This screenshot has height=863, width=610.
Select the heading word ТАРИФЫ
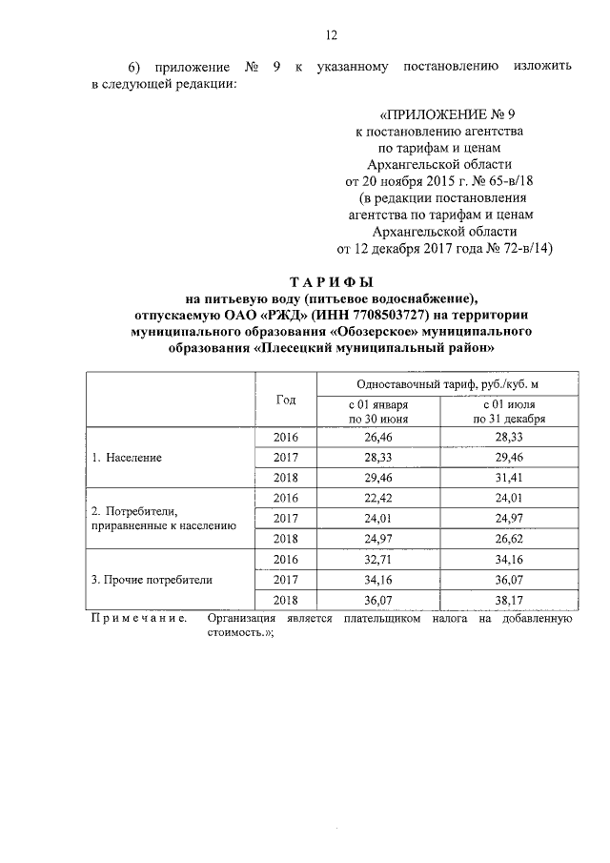coord(331,283)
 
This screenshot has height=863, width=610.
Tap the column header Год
coord(286,400)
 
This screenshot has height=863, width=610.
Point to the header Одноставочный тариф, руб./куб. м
coord(435,383)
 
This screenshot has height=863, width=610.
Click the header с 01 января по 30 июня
coord(378,411)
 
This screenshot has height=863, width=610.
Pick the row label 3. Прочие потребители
coord(152,579)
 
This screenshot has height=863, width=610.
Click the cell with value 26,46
coord(378,437)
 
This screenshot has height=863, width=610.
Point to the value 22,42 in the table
coord(378,498)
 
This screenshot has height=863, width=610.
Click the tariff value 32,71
coord(378,559)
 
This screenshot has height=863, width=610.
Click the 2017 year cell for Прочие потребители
coord(286,579)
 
